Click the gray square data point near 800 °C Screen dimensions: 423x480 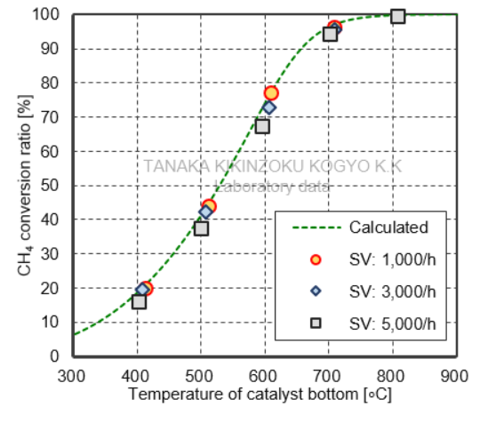pyautogui.click(x=398, y=16)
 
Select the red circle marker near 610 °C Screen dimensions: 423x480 pyautogui.click(x=271, y=93)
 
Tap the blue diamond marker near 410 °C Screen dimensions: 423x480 pyautogui.click(x=143, y=290)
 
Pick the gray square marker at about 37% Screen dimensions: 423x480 pyautogui.click(x=202, y=228)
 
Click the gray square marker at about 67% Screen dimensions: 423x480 pyautogui.click(x=262, y=126)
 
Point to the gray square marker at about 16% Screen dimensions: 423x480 pyautogui.click(x=139, y=302)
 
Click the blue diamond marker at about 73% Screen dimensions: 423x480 pyautogui.click(x=268, y=108)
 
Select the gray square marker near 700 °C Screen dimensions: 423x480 pyautogui.click(x=330, y=34)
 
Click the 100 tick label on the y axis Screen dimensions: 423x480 pyautogui.click(x=48, y=15)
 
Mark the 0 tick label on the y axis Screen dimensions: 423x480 pyautogui.click(x=55, y=356)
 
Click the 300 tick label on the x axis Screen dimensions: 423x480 pyautogui.click(x=72, y=374)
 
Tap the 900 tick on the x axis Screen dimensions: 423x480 pyautogui.click(x=455, y=374)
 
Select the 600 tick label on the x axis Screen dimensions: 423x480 pyautogui.click(x=264, y=374)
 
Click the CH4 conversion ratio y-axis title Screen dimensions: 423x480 pyautogui.click(x=24, y=187)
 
